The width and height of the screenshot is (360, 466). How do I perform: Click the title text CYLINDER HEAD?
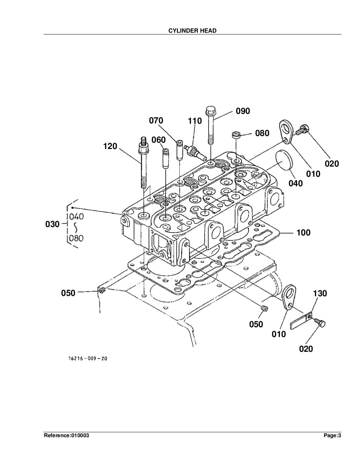coord(192,31)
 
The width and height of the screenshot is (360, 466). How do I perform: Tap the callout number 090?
coord(243,111)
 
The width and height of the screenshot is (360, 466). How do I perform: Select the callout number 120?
coord(110,146)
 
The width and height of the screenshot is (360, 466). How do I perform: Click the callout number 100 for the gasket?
coord(303,232)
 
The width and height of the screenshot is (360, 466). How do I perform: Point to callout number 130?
coord(320,293)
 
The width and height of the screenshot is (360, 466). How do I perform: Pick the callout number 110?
coord(195,121)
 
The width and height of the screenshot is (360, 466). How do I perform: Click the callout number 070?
coord(156,121)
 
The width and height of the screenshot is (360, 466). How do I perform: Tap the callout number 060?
coord(158,140)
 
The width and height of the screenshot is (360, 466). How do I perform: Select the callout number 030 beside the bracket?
coord(52,224)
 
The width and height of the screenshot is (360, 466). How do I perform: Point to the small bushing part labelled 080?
coord(236,135)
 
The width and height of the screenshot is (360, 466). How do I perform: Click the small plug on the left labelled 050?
coord(102,290)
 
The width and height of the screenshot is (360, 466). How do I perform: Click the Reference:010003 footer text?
coord(66,436)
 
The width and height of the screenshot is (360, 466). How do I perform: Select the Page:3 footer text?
coord(332,436)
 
